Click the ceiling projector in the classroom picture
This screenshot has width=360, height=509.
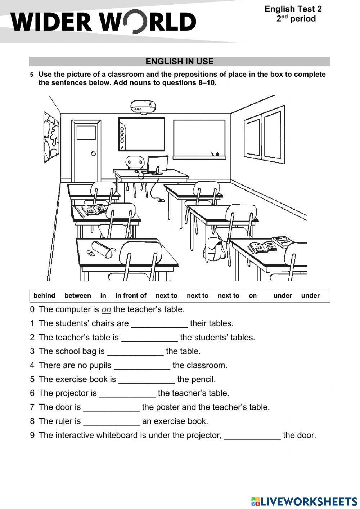coord(143,107)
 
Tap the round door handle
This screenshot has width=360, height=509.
coord(93,154)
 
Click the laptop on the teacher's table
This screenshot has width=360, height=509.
coord(157,165)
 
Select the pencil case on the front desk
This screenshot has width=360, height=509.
coord(103,249)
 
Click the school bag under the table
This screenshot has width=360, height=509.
coord(214,249)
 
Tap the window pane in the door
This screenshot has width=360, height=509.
coord(86,133)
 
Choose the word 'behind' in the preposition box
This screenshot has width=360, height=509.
coord(44,296)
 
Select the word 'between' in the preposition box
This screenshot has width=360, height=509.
coord(77,296)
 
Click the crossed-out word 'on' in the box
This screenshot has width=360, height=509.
coord(253,296)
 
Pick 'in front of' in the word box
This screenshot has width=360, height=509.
coord(131,296)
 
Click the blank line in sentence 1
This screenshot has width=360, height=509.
coord(159,324)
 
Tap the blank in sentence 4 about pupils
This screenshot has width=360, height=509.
coord(142,366)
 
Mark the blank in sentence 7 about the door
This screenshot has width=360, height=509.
coord(111,408)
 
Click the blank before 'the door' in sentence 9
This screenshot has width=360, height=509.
coord(252,436)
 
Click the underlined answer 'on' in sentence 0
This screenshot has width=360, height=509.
coord(106,309)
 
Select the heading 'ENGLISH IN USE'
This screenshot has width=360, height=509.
coord(179,62)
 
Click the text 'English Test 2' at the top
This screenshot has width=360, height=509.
coord(293,9)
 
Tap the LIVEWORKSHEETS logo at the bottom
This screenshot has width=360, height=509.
coord(304,501)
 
